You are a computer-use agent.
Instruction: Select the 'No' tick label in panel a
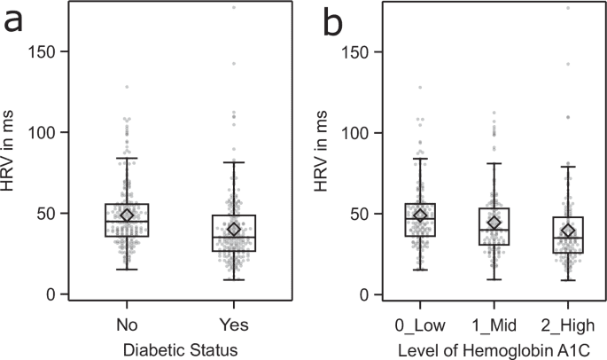[127, 320]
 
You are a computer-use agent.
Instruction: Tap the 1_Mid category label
[494, 320]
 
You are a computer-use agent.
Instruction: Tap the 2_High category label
[568, 320]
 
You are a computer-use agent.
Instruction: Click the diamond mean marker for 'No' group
[127, 215]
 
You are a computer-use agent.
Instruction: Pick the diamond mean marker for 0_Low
[420, 215]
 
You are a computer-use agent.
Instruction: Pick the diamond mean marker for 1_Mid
[494, 223]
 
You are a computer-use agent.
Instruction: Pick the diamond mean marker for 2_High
[568, 231]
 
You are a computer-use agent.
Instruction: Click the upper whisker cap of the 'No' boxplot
[127, 158]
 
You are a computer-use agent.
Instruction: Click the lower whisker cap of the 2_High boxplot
[568, 280]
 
